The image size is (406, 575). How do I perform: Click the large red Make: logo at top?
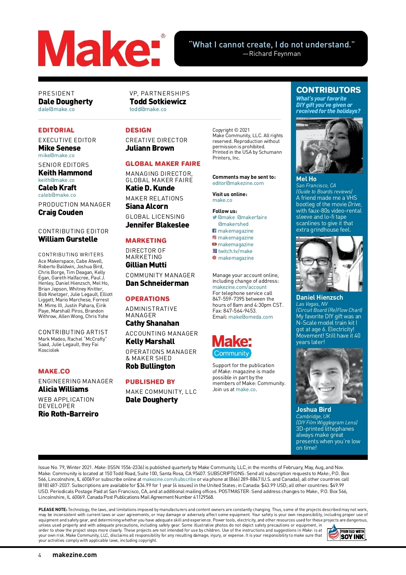99,48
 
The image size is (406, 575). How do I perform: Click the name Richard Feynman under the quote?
275,54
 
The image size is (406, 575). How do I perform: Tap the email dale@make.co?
57,109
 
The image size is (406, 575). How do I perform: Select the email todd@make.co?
148,109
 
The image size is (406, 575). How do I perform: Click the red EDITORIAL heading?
56,130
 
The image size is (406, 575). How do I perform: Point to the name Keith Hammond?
65,173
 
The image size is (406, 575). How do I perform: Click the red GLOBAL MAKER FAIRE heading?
163,164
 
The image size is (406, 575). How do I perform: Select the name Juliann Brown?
150,148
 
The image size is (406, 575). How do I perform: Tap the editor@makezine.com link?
238,183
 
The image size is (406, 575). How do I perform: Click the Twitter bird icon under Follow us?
215,217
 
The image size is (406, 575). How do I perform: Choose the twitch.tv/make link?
235,251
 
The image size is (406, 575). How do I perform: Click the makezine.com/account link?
239,287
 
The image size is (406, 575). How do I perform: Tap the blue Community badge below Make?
232,353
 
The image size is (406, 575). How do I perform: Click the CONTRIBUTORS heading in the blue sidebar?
329,90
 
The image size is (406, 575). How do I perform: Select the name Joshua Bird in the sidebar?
313,409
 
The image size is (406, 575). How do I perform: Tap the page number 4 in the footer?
40,555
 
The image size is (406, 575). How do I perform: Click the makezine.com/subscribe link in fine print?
169,480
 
